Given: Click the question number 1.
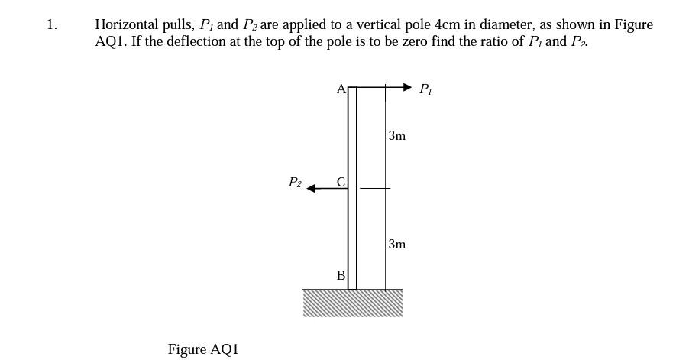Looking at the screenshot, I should click(50, 24).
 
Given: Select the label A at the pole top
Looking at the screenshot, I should click(341, 89).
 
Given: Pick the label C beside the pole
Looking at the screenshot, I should click(341, 182).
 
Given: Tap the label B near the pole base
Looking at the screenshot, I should click(341, 275).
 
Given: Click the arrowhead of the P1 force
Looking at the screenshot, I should click(407, 88).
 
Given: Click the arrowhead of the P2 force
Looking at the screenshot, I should click(312, 188).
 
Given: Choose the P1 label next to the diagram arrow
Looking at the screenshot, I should click(425, 89).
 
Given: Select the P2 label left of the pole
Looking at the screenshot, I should click(294, 183).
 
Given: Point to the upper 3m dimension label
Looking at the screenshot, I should click(396, 136).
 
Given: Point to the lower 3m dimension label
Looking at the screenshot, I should click(396, 245).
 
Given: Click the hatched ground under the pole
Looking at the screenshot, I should click(352, 303).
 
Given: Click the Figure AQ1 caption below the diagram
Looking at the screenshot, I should click(203, 349).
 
